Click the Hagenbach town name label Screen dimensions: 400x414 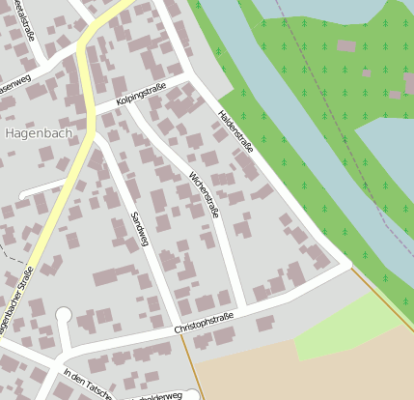pos(38,133)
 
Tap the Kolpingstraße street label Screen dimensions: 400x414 pos(141,95)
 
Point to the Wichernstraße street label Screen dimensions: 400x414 pos(205,193)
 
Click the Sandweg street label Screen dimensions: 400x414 pos(140,229)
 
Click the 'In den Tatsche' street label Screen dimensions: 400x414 pos(87,385)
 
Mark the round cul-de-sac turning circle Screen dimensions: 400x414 pos(64,315)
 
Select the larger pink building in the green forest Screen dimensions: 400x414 pos(345,45)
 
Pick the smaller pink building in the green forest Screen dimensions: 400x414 pos(367,72)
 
